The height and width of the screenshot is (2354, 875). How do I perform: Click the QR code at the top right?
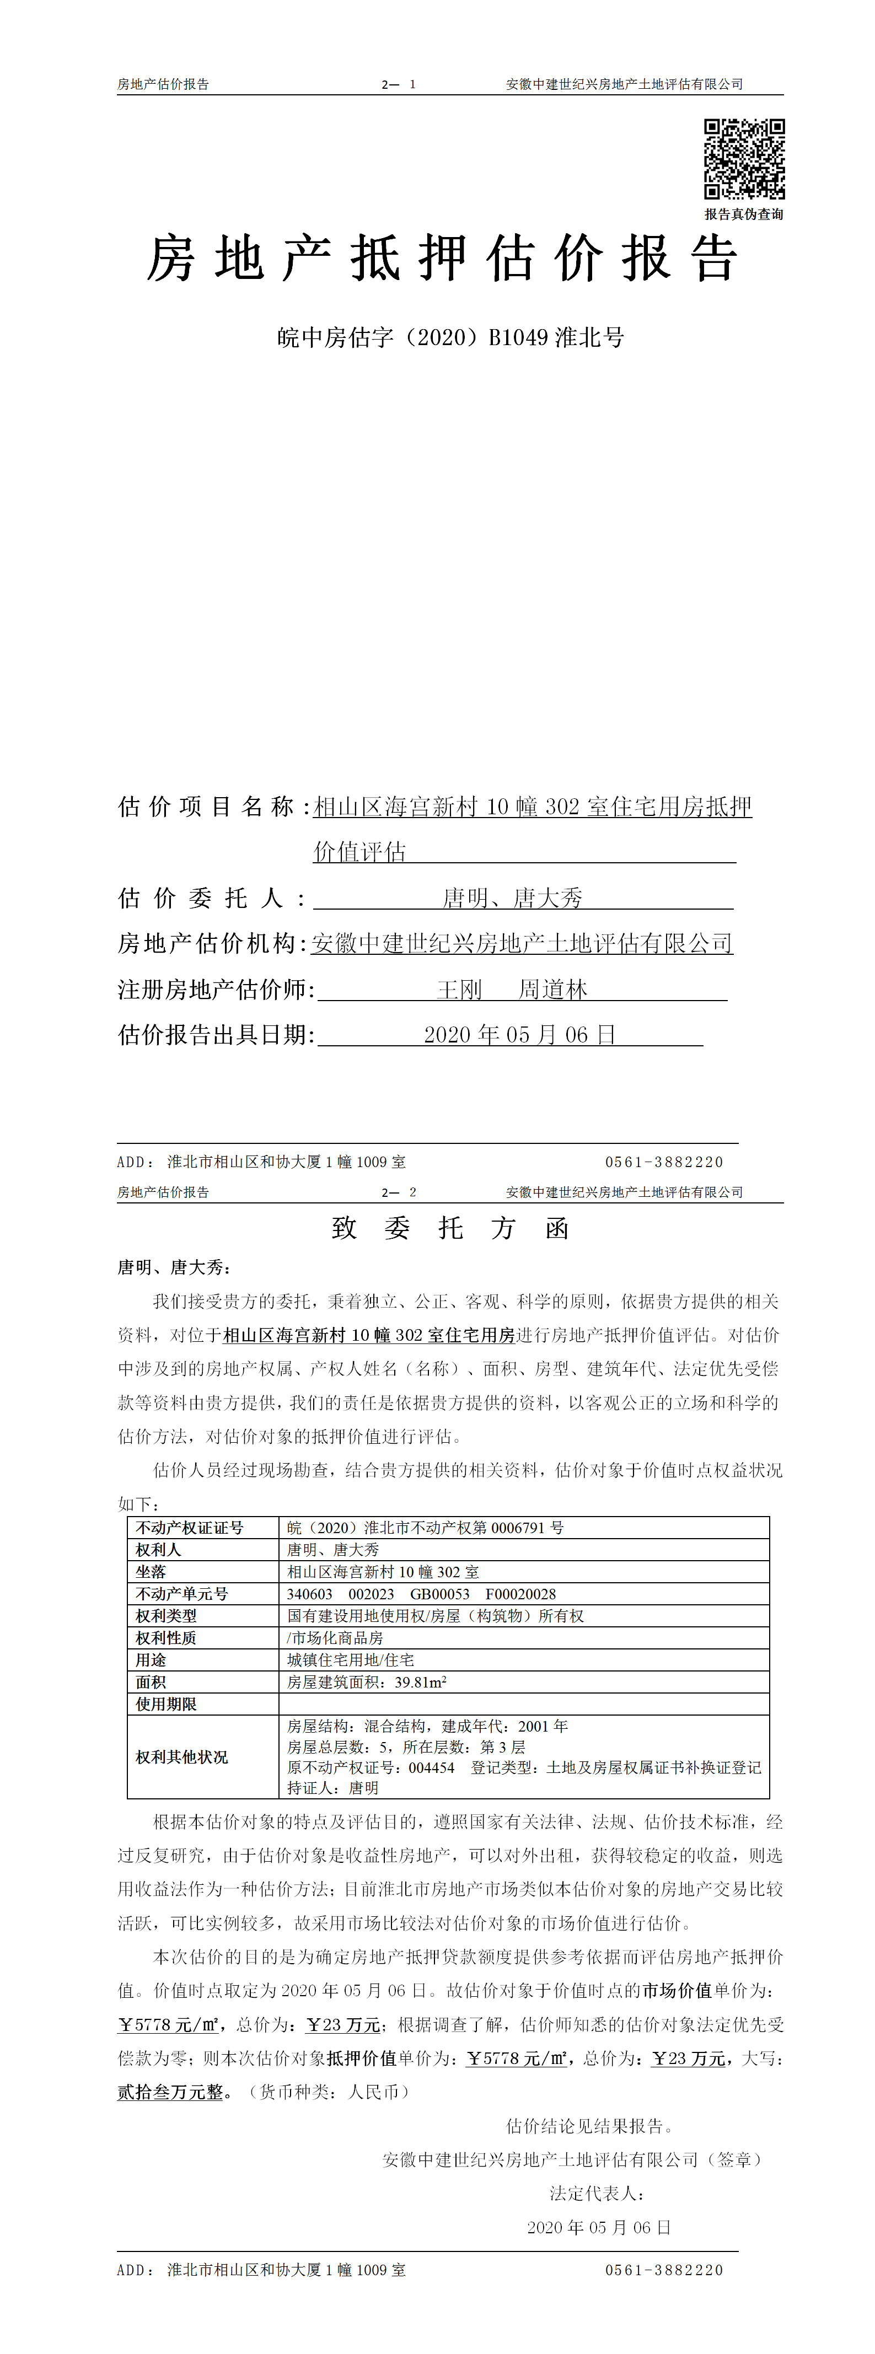[x=743, y=158]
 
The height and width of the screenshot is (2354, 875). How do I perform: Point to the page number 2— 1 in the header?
[x=399, y=84]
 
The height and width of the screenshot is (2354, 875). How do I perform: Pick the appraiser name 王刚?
[x=459, y=990]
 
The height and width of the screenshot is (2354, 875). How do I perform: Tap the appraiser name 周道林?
[x=552, y=990]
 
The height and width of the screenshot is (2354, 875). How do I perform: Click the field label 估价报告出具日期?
[x=216, y=1035]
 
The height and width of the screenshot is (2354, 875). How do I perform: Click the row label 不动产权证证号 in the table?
[x=189, y=1528]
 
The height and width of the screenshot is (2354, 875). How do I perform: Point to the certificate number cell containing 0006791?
[x=425, y=1528]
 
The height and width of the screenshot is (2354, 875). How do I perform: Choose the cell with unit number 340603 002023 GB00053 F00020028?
[x=421, y=1594]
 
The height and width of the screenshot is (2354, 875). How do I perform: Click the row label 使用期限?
[x=167, y=1704]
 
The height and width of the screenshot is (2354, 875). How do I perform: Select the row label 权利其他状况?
[x=182, y=1758]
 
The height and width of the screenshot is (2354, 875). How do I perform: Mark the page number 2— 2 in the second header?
[x=399, y=1192]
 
